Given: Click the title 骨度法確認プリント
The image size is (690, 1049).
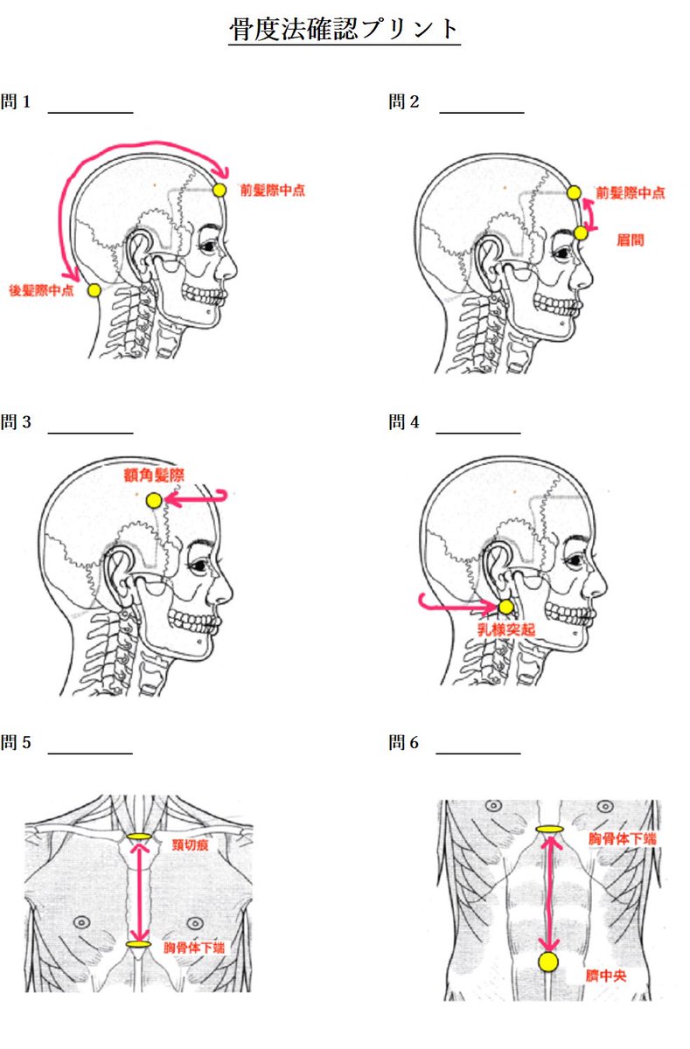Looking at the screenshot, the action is [344, 30].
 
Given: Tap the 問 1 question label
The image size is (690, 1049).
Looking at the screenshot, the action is [16, 102].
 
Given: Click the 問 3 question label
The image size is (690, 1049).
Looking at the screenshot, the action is [16, 423].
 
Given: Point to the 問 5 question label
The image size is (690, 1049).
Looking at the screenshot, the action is [16, 744].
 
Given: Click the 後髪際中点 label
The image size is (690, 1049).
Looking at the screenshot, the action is [41, 290].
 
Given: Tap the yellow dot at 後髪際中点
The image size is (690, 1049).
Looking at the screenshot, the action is [94, 290].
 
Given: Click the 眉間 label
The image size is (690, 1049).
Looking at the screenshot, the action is [630, 239].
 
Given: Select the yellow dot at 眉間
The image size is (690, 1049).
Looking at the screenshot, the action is [581, 233].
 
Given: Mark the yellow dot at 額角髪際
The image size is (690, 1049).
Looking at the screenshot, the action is [154, 501].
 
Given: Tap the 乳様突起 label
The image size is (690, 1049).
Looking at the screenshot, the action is [505, 629].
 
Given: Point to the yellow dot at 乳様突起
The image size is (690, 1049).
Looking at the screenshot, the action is [505, 607].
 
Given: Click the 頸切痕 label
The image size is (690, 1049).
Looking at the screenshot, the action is [190, 844].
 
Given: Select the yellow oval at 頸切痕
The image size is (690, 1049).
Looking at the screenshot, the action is [139, 837].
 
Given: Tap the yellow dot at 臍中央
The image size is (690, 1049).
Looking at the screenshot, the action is [548, 962].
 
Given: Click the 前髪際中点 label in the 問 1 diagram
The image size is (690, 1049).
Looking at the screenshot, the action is [272, 191].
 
